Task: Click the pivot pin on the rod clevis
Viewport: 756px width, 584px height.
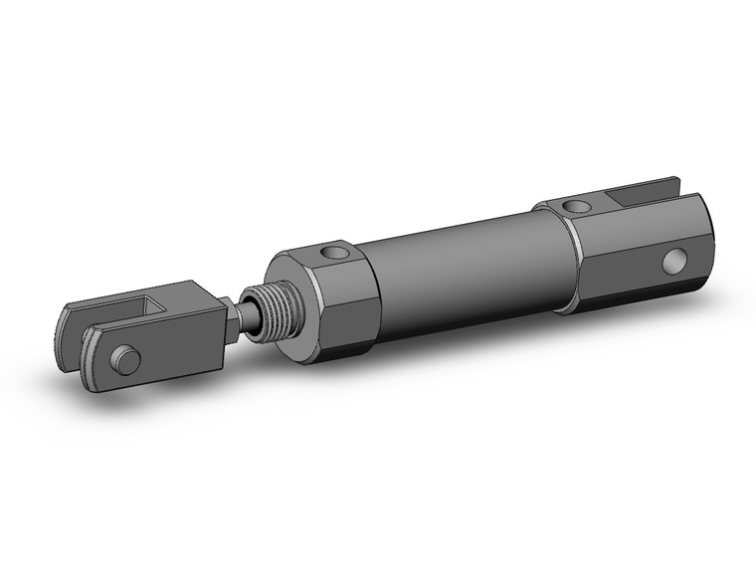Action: tap(125, 359)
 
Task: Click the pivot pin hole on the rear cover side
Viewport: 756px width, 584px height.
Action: tap(675, 261)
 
